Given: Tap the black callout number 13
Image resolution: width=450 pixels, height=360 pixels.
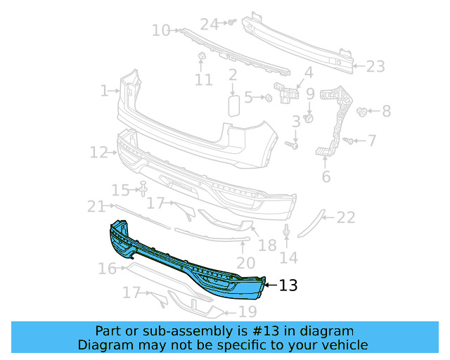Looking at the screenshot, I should pos(288,285).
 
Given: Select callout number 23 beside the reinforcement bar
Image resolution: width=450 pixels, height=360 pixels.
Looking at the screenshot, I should pos(375,67).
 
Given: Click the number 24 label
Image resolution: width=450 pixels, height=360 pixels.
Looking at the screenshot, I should pos(210,24).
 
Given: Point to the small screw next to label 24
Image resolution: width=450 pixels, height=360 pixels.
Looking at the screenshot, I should pos(229,23).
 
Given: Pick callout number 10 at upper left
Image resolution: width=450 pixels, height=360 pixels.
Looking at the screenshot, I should pos(161,30).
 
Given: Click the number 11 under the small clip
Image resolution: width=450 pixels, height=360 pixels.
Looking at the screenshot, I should pos(203,80).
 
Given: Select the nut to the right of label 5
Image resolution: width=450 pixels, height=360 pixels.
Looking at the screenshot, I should pos(268,97).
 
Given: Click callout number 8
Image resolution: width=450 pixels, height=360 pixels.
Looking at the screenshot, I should pos(386,111).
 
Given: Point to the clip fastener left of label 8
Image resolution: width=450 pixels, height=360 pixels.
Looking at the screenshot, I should pos(364,111).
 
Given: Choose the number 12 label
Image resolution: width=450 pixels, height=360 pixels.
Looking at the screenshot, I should pos(98,152).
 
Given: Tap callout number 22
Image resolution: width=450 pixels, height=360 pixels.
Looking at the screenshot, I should pos(345,218).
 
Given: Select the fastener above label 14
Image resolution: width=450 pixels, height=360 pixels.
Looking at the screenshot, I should pos(287,231).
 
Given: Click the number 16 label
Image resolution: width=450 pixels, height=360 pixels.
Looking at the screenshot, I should pos(107,269).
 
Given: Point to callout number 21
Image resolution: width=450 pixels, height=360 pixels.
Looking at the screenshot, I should pos(96,206).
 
